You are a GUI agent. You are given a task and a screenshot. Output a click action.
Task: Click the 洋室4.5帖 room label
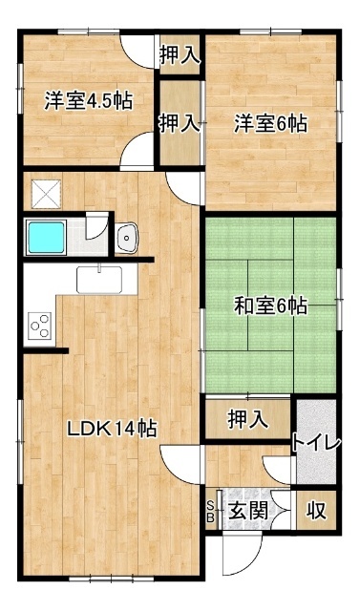click(x=87, y=102)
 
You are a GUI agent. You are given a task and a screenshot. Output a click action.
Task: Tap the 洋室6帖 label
click(x=271, y=123)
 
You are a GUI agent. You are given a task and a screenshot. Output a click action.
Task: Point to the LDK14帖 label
click(x=112, y=429)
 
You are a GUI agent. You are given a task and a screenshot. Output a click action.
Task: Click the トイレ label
click(x=316, y=443)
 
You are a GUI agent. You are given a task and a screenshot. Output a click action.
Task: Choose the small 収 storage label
click(x=316, y=511)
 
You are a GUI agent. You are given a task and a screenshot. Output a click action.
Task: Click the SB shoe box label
click(x=211, y=511)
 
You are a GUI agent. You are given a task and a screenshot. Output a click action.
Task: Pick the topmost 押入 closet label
click(x=180, y=55)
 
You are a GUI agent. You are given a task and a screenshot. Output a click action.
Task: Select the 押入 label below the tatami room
click(x=246, y=418)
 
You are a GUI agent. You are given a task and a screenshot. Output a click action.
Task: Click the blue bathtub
click(x=44, y=237)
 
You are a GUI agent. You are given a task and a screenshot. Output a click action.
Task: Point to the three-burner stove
click(x=39, y=326)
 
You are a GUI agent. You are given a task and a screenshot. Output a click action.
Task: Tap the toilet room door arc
click(x=279, y=468)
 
